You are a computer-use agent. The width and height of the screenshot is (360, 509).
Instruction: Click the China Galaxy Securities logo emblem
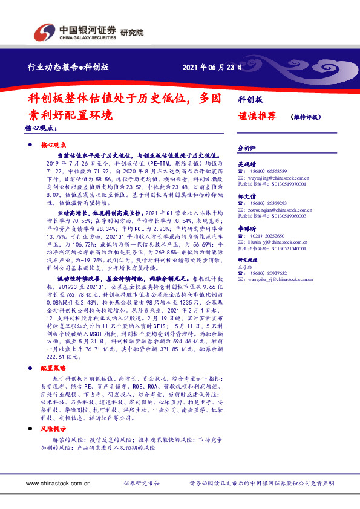[45, 31]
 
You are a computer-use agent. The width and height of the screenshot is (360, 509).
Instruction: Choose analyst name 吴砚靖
[247, 163]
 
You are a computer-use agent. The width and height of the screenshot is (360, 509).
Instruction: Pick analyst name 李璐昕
[247, 229]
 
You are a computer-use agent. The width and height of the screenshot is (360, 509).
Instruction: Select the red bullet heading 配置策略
[53, 368]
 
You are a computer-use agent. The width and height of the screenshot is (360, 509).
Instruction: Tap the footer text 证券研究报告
[142, 483]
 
